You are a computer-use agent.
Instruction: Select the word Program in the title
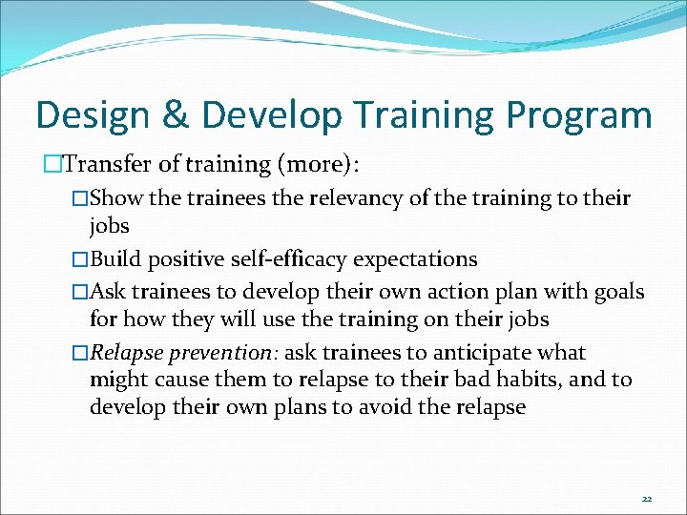[x=579, y=115]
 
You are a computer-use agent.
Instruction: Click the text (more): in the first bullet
[x=317, y=164]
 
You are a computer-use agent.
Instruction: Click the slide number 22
[x=646, y=499]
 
